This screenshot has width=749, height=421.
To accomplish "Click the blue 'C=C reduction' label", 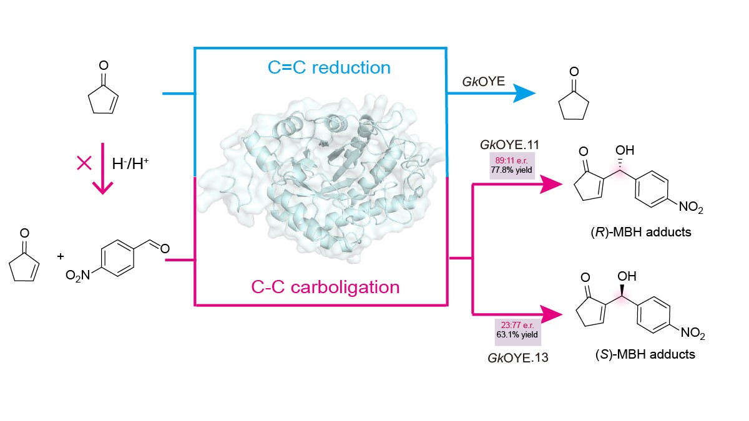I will [x=329, y=67].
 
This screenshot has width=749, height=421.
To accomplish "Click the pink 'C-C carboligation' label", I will [x=325, y=287].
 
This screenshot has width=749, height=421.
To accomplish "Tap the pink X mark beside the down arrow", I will [x=84, y=163].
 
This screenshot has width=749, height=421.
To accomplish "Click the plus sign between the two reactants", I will [x=61, y=256].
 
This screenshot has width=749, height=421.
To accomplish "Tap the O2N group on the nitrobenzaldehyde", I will [x=78, y=274].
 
